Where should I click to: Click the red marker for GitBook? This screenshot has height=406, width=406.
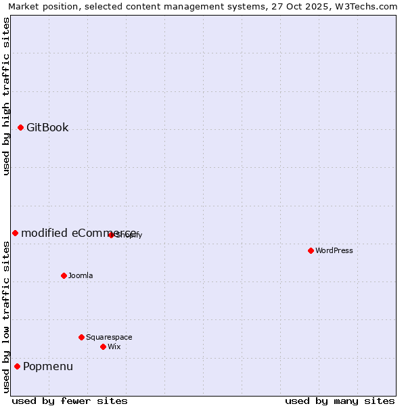click(x=20, y=127)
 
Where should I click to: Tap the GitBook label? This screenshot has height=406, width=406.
click(x=47, y=128)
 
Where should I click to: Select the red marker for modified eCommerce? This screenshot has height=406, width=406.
click(x=15, y=233)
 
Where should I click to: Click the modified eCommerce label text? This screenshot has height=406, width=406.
click(x=78, y=233)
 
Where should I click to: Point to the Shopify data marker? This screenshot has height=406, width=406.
click(x=111, y=235)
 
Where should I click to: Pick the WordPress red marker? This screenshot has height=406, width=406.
click(x=311, y=250)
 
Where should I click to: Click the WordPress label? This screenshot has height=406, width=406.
click(x=334, y=250)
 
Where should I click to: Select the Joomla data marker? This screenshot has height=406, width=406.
click(x=64, y=275)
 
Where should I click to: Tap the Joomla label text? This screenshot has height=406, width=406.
click(x=81, y=275)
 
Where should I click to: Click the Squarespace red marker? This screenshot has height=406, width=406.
click(x=81, y=337)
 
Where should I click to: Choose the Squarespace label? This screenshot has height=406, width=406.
click(x=109, y=337)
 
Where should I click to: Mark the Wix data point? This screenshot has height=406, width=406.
click(x=103, y=346)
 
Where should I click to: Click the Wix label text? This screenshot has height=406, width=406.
click(x=114, y=346)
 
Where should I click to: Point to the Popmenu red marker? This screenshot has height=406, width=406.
click(x=17, y=366)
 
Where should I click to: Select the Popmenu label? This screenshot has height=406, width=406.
click(x=48, y=367)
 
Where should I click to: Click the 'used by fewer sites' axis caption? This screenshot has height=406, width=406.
click(x=70, y=401)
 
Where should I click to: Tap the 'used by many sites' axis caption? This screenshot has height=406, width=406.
click(x=340, y=401)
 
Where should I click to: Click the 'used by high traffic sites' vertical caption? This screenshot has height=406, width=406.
click(x=7, y=96)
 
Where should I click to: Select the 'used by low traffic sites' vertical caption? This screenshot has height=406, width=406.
click(x=7, y=317)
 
